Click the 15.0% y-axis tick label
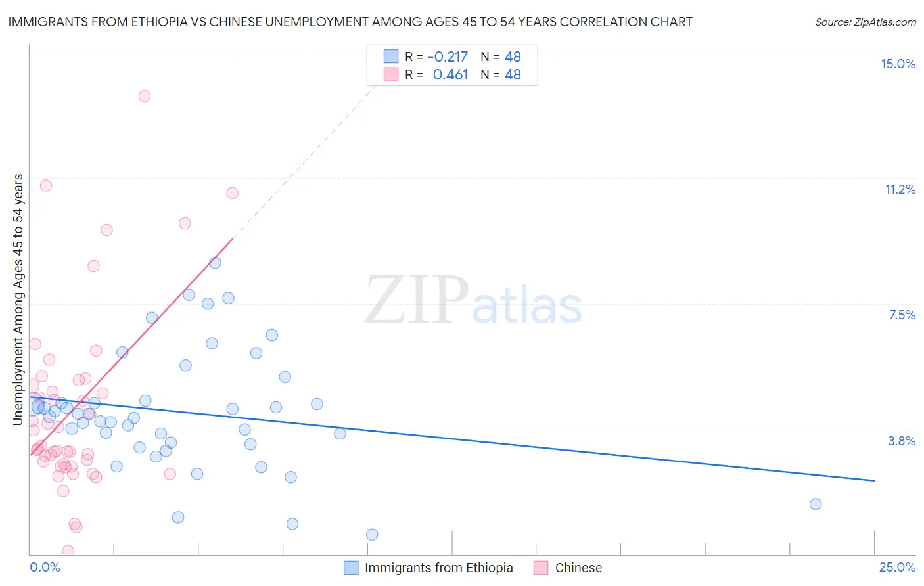tap(898, 64)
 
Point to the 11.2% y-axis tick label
tap(900, 189)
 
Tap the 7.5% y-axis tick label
tap(902, 315)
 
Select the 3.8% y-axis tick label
tap(902, 441)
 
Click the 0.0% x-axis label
tap(45, 567)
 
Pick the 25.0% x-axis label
tap(897, 567)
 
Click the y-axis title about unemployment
tap(18, 300)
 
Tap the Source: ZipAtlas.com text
tap(865, 22)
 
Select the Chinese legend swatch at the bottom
tap(541, 568)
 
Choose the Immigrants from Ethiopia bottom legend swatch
tap(352, 568)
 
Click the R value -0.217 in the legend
tap(448, 56)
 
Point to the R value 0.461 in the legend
tap(450, 75)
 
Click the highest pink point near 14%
tap(145, 96)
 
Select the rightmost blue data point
tap(816, 504)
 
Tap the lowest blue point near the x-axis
tap(372, 535)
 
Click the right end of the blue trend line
tap(874, 481)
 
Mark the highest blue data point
tap(215, 263)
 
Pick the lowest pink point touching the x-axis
tap(68, 551)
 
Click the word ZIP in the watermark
tap(416, 300)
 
